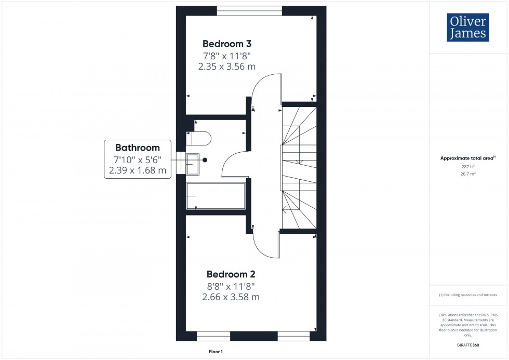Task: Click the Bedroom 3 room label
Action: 227,44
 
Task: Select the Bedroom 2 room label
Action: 231,274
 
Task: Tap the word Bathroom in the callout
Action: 137,148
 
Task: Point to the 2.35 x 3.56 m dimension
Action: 227,66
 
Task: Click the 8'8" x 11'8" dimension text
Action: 231,286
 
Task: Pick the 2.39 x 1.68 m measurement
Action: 137,170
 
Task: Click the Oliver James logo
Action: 467,28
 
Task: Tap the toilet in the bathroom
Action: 199,139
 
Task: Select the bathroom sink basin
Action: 193,164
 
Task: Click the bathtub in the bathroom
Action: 216,196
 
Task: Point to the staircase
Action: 299,166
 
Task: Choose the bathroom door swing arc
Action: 234,164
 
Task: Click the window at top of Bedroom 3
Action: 249,10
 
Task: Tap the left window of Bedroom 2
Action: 213,336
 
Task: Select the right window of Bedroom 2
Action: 293,336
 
